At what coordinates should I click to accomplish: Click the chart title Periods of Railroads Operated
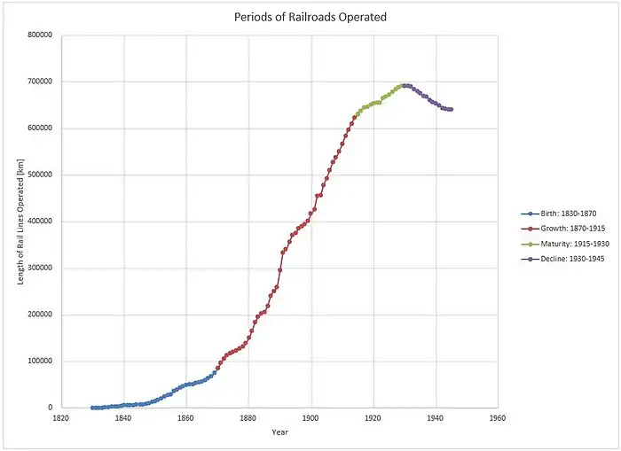310,17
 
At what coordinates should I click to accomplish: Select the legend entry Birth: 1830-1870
561,214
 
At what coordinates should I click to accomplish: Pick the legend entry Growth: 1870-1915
562,228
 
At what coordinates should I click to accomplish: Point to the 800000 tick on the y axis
40,35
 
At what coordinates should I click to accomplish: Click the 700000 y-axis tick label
40,82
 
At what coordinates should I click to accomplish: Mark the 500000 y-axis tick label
40,175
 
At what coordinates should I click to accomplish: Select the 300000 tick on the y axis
40,268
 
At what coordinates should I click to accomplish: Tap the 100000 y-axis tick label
40,362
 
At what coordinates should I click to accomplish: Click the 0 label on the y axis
52,408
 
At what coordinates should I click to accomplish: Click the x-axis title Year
280,432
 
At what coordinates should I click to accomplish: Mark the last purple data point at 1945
451,110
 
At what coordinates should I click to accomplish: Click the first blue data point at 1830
92,408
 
